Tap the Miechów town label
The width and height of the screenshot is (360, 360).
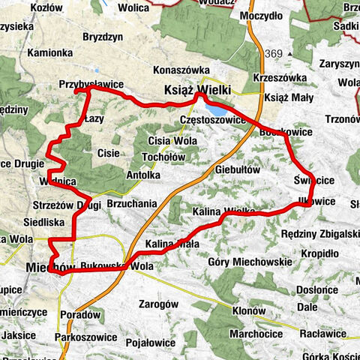click(x=50, y=267)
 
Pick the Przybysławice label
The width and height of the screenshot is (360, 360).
click(x=90, y=85)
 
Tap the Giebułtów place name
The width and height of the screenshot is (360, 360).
click(x=237, y=170)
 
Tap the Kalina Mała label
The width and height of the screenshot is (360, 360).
click(x=172, y=244)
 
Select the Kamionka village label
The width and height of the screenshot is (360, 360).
click(x=49, y=53)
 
